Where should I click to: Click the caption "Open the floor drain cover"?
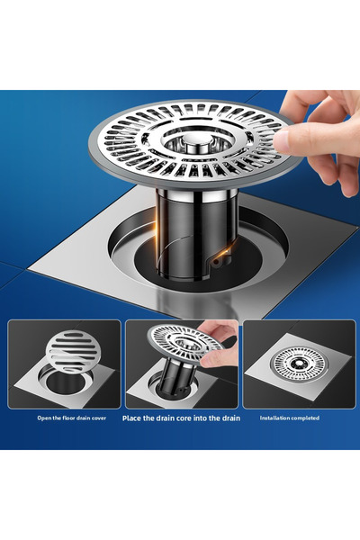72,418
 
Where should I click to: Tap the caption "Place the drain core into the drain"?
181,418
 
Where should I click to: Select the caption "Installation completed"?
290,418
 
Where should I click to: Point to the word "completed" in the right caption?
304,418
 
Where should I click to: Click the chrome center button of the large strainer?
195,141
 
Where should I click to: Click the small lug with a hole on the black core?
216,262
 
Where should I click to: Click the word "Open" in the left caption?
44,418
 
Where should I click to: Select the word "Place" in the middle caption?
131,418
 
